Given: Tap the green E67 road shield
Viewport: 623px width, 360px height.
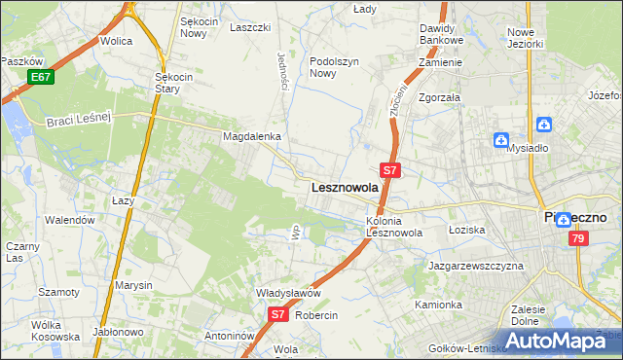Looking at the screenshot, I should click(x=40, y=77).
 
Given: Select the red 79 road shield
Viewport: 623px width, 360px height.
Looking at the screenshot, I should click(x=578, y=238).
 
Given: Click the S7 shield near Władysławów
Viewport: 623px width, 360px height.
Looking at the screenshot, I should click(x=277, y=314).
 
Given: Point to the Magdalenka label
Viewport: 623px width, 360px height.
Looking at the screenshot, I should click(x=252, y=137).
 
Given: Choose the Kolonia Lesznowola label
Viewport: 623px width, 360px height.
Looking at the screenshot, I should click(x=393, y=227).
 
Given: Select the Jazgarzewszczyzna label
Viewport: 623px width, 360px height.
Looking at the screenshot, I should click(x=476, y=266).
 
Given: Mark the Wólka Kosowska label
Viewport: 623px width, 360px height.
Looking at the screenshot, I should click(x=55, y=331).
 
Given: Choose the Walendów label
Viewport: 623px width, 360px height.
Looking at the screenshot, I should click(x=71, y=220).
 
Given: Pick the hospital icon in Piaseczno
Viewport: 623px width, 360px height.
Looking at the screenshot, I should click(x=564, y=220).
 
